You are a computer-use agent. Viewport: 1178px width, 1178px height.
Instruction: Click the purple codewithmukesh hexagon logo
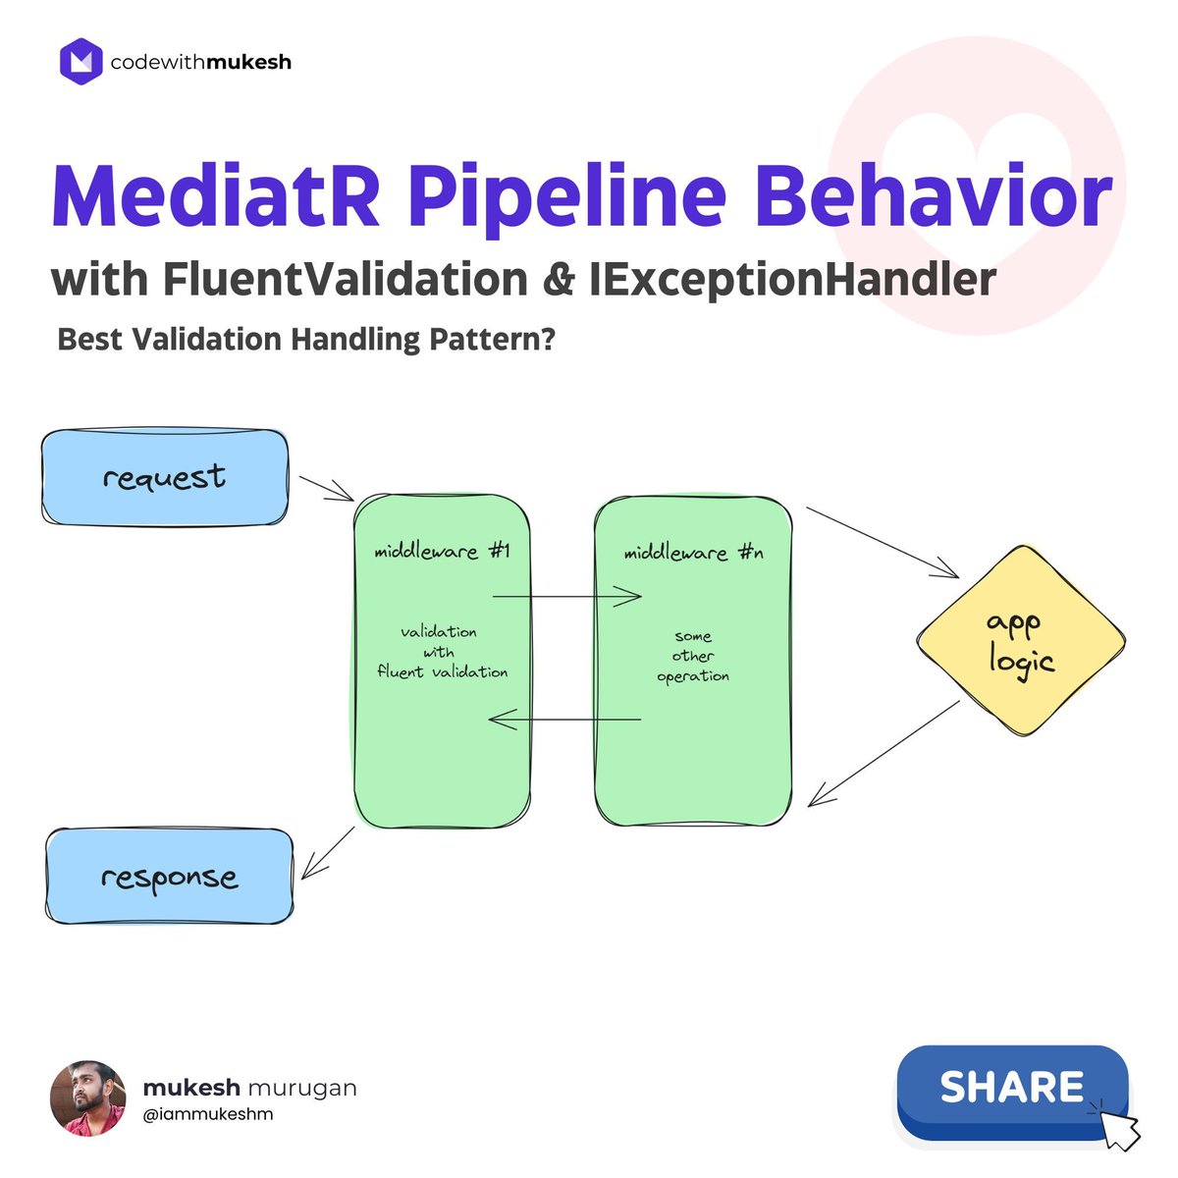click(x=80, y=61)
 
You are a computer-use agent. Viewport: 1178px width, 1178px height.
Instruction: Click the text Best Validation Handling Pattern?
click(x=306, y=340)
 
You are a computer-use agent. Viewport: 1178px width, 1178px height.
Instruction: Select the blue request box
click(x=165, y=478)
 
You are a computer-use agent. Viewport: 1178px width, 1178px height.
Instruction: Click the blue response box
click(x=169, y=877)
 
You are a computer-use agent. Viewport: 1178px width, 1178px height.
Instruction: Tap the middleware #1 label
click(x=442, y=551)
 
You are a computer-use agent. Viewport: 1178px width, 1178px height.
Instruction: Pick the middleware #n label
click(x=693, y=553)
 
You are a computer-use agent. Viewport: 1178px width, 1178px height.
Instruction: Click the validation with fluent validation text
click(x=442, y=652)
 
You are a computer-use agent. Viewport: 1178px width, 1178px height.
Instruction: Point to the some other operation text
click(x=693, y=656)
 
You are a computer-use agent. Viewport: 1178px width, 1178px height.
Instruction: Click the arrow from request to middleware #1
click(x=326, y=488)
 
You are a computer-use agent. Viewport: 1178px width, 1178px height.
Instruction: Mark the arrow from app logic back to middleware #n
click(x=883, y=754)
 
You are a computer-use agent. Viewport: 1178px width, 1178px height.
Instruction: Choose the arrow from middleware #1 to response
click(x=329, y=851)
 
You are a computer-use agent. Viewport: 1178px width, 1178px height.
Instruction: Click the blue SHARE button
click(x=1011, y=1088)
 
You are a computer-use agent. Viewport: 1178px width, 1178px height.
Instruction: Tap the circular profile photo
click(x=88, y=1098)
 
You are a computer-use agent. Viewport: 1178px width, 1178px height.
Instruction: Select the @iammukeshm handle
click(x=208, y=1114)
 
